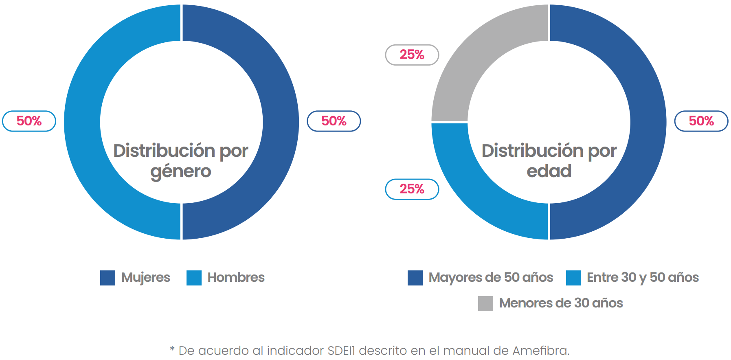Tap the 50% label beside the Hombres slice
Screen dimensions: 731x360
29,121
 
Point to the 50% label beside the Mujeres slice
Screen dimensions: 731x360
334,121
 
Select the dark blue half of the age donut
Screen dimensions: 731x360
648,122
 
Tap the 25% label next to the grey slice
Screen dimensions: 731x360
412,55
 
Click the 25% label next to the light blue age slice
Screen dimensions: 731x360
412,189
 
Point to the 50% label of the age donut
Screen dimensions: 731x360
701,121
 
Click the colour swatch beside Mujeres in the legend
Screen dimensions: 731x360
108,278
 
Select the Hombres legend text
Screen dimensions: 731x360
236,277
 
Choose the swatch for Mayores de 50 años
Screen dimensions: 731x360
415,278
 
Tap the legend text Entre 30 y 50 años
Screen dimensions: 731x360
643,278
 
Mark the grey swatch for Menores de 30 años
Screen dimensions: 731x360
485,303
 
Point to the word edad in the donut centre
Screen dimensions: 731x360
549,171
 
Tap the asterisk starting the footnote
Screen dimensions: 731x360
172,349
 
